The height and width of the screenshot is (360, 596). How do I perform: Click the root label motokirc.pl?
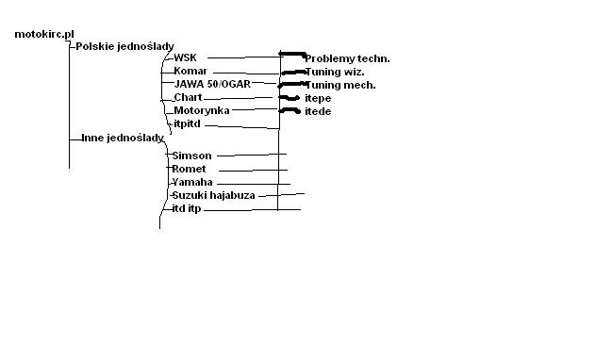pos(44,34)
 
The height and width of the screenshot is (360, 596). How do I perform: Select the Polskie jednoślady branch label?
pos(124,47)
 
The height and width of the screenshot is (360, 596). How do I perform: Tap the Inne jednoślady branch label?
pos(123,138)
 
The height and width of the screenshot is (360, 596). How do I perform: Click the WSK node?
pos(185,57)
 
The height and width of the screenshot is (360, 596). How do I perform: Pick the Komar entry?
pos(190,71)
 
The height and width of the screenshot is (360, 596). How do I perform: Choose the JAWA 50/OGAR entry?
pos(212,84)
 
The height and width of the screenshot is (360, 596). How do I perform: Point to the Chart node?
pos(188,97)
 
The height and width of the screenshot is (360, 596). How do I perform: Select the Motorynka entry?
pos(202,110)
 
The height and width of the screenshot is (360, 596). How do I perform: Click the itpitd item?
pos(187,123)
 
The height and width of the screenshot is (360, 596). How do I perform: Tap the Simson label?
pos(191,155)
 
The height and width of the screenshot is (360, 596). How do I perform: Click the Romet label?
pos(189,169)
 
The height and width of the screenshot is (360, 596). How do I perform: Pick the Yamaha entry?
pos(192,182)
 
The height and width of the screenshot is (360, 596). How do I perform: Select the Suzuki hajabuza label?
pos(213,196)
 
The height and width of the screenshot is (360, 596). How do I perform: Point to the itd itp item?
pos(187,209)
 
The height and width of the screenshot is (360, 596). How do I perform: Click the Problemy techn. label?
pos(347,58)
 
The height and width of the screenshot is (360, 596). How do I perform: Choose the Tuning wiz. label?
pos(335,72)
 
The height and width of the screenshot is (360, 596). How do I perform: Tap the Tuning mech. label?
pos(340,85)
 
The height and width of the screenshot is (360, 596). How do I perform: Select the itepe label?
pos(318,98)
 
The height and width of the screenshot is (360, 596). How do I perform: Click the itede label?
pos(318,111)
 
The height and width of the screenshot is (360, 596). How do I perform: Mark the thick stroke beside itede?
pos(290,110)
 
